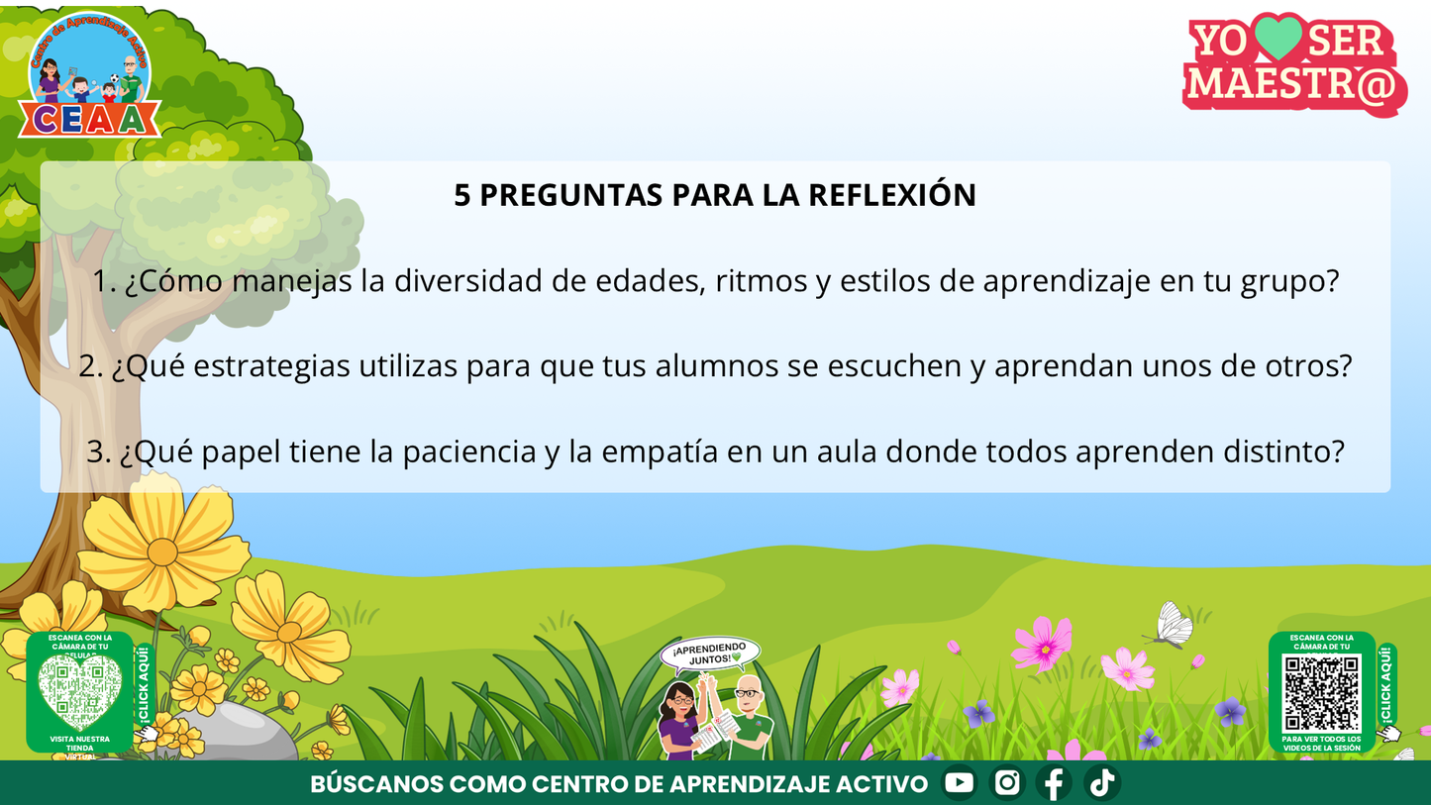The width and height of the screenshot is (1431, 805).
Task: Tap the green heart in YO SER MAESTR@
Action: click(1278, 39)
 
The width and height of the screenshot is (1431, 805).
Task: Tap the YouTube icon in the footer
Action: click(959, 783)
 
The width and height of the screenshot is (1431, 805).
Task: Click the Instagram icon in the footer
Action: click(1007, 783)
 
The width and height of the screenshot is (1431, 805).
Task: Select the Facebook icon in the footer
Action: click(1054, 783)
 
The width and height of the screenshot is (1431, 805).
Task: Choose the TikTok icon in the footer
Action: click(1101, 783)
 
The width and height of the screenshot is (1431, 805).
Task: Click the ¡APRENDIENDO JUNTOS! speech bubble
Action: click(710, 654)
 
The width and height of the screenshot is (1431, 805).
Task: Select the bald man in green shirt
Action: click(749, 718)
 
